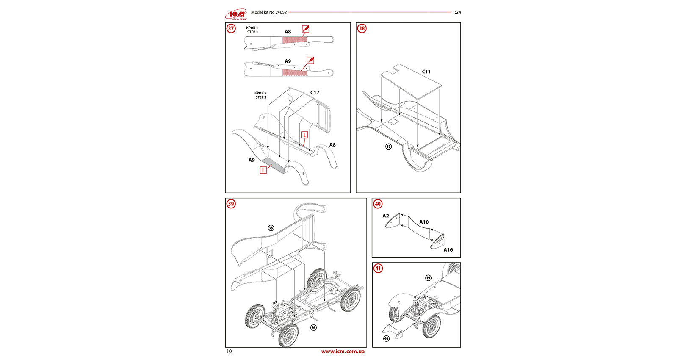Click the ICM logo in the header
(x=236, y=15)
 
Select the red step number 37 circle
(x=231, y=28)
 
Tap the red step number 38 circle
(x=362, y=28)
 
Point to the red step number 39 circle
(x=231, y=204)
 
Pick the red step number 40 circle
(x=378, y=204)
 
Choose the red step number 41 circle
(x=378, y=268)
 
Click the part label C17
(x=315, y=92)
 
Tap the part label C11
(x=426, y=72)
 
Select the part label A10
(x=424, y=222)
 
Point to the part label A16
(x=448, y=250)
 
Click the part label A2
(x=386, y=216)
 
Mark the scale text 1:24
(x=456, y=12)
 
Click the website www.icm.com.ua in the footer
(x=343, y=351)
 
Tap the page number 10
(x=229, y=351)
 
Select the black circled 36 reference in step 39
(x=313, y=327)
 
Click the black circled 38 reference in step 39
(x=271, y=228)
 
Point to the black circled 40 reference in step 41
(x=386, y=338)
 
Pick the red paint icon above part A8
(x=305, y=28)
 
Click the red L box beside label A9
(x=263, y=170)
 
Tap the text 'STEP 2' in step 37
(x=261, y=97)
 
